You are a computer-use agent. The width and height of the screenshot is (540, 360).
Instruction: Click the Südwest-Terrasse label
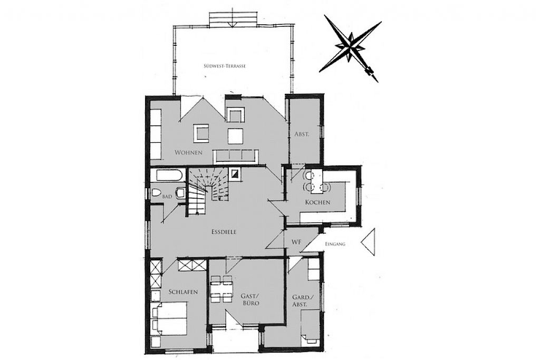(x=224, y=66)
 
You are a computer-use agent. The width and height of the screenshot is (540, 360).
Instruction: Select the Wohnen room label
(x=188, y=152)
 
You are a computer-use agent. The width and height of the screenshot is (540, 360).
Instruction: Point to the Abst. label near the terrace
(x=302, y=134)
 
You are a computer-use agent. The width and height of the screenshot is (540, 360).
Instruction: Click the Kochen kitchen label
(x=317, y=202)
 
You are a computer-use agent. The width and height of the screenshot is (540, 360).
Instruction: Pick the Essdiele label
(x=224, y=232)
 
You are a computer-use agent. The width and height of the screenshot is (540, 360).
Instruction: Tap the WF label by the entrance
(x=296, y=242)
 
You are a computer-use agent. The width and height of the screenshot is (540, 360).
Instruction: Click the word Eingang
(x=335, y=244)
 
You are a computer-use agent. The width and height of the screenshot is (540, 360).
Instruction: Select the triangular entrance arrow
(x=368, y=242)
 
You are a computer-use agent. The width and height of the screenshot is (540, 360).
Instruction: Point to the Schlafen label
(x=183, y=292)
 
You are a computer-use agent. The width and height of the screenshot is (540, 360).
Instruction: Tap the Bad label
(x=167, y=197)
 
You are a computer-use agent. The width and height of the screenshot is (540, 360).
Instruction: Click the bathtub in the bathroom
(x=169, y=175)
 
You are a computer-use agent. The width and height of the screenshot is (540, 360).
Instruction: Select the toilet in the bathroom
(x=156, y=193)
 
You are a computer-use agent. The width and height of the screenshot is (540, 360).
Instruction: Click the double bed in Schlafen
(x=169, y=319)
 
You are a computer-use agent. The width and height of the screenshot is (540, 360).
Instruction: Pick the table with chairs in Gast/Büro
(x=221, y=289)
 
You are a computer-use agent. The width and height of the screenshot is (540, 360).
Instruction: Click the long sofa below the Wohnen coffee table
(x=236, y=157)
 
